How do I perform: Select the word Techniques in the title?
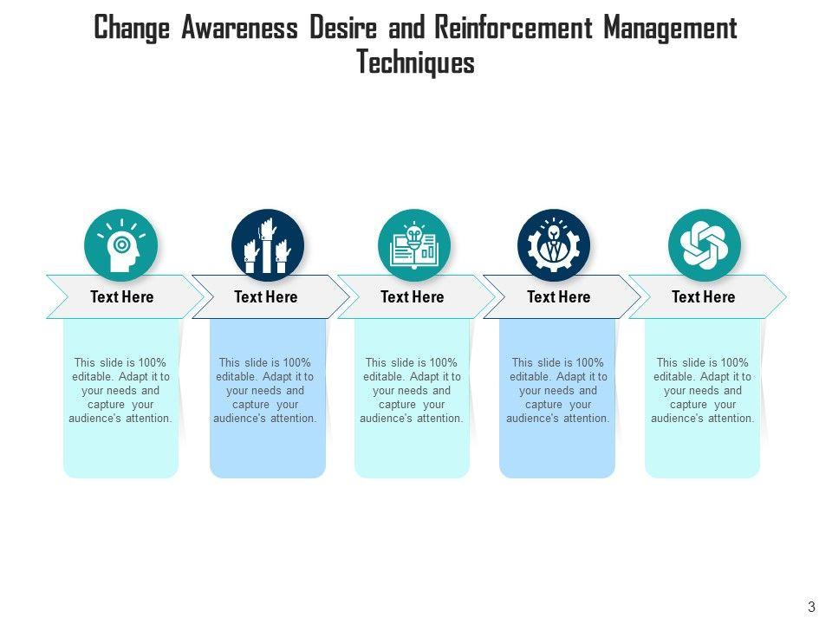[x=415, y=63]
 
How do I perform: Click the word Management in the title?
[x=670, y=28]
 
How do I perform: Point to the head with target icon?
[x=120, y=245]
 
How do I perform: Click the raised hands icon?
[x=268, y=245]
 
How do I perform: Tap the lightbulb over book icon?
[x=414, y=245]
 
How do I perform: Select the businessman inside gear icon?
[x=554, y=245]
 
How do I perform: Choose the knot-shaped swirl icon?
[x=704, y=245]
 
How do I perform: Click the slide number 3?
[x=811, y=607]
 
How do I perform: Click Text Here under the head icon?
[x=121, y=297]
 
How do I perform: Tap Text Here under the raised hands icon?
[x=266, y=297]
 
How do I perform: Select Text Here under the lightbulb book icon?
[x=412, y=297]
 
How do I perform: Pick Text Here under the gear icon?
[x=558, y=297]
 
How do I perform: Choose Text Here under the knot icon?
[x=703, y=297]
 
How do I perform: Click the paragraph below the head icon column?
[x=120, y=390]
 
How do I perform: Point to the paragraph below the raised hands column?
[x=266, y=390]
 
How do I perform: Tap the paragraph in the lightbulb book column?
[x=412, y=390]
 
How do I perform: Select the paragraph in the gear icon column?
[x=558, y=390]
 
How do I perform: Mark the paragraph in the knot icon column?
[x=703, y=390]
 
